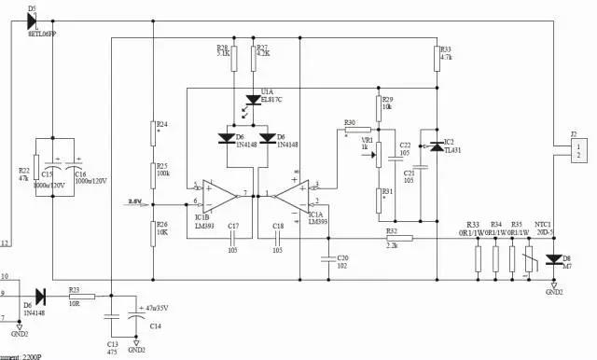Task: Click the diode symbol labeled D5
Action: pyautogui.click(x=32, y=19)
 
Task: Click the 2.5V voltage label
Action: pyautogui.click(x=135, y=201)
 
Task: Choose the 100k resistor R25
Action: pyautogui.click(x=153, y=173)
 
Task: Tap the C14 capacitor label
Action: pyautogui.click(x=156, y=325)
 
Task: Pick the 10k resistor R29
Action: pyautogui.click(x=379, y=105)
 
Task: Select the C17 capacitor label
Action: pyautogui.click(x=233, y=227)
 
